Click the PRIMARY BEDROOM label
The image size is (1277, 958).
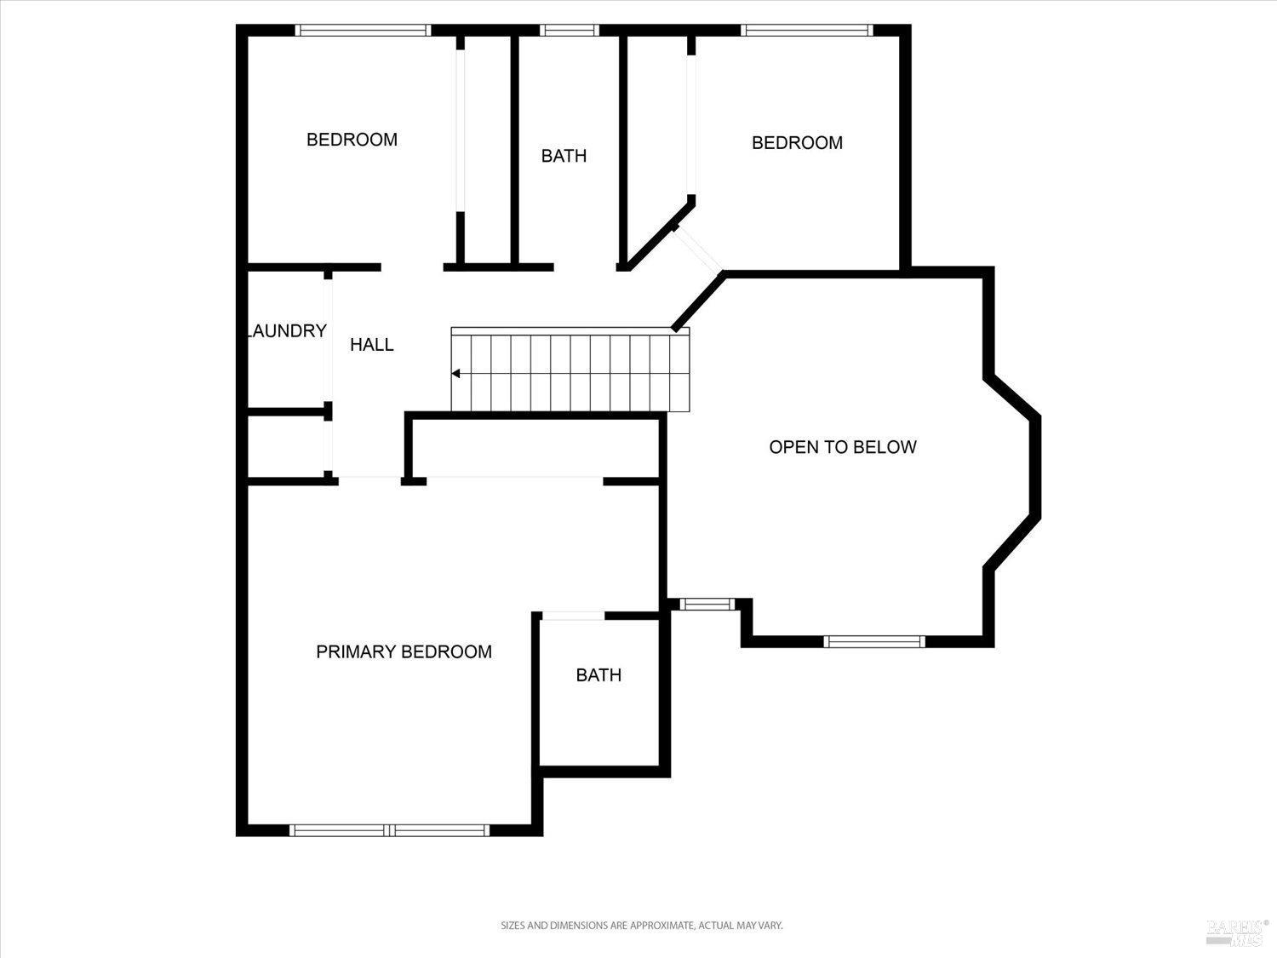(x=404, y=651)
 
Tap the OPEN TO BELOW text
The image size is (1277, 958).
(x=842, y=447)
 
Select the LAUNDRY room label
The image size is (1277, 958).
(x=287, y=331)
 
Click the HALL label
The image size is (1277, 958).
(x=372, y=344)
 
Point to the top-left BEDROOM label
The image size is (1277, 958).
(x=352, y=140)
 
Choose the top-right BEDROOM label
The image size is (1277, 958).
(x=797, y=143)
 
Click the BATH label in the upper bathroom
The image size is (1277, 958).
(x=564, y=156)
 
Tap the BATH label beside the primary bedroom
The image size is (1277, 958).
(x=598, y=675)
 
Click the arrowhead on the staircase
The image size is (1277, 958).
(x=456, y=373)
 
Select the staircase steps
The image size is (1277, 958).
(x=570, y=373)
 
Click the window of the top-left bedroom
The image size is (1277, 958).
(x=363, y=31)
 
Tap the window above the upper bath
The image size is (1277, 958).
(x=570, y=31)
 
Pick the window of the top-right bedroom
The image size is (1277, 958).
(x=806, y=31)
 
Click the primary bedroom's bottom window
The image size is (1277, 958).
(x=390, y=829)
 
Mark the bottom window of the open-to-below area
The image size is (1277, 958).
(x=874, y=641)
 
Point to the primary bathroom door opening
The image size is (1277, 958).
(x=573, y=616)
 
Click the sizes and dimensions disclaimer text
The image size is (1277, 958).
(x=640, y=925)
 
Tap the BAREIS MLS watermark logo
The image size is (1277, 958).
(x=1236, y=932)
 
